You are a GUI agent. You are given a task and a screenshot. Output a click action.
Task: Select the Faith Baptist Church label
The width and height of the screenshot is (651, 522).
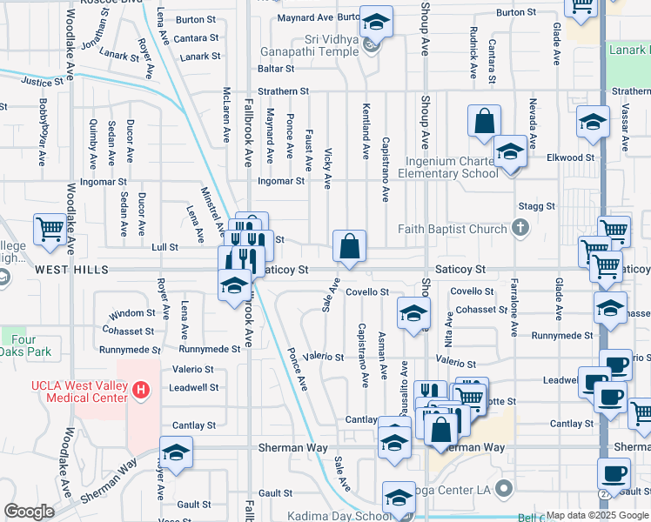(452, 230)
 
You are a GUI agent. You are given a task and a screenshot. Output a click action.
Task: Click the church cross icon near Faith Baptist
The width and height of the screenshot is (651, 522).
(520, 229)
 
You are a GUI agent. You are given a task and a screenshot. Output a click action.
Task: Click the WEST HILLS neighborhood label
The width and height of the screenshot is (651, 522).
(72, 271)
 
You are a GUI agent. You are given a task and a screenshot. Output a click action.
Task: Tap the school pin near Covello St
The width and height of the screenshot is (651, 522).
(413, 313)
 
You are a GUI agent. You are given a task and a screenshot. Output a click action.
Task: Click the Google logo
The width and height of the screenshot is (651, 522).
(30, 512)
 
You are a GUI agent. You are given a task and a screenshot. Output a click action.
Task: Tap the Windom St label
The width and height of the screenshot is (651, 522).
(133, 313)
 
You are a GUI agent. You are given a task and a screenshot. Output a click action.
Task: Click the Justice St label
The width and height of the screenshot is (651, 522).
(43, 83)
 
